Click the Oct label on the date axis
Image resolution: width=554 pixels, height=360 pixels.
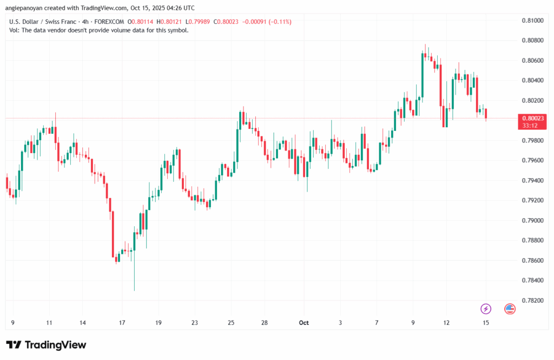(x=304, y=323)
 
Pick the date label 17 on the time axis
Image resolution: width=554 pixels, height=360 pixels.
(x=122, y=323)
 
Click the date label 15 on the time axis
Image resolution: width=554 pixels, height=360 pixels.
(x=486, y=323)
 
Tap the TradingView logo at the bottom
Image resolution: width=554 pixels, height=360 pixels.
(x=46, y=345)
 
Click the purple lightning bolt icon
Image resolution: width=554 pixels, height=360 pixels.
(x=486, y=309)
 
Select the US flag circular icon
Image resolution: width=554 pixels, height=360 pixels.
(x=510, y=309)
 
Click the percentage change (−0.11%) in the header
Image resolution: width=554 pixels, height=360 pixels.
(x=278, y=22)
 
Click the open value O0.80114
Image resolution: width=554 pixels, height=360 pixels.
(x=140, y=22)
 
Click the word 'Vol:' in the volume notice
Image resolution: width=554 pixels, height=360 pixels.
(x=15, y=30)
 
